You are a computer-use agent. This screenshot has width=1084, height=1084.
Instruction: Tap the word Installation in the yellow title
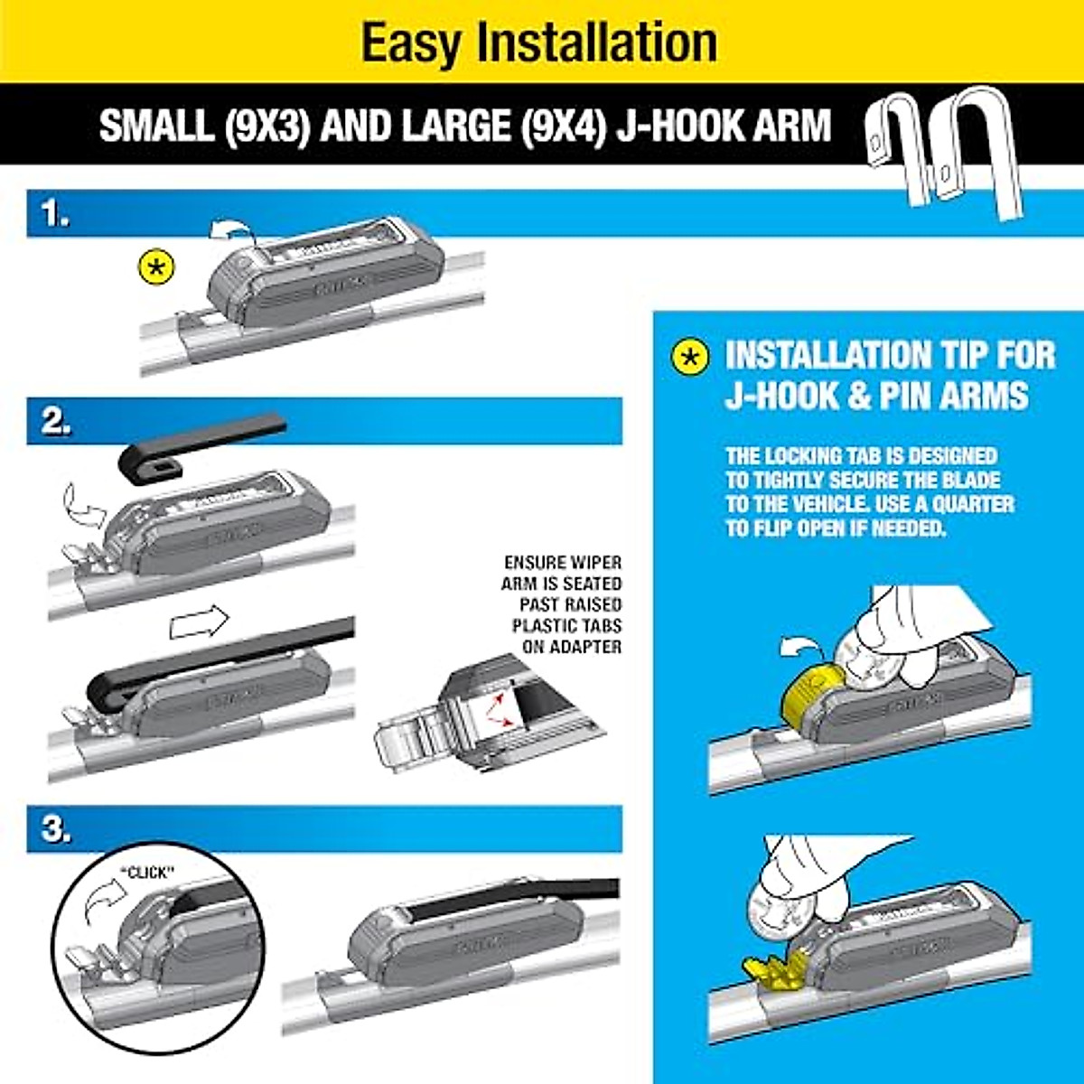click(598, 42)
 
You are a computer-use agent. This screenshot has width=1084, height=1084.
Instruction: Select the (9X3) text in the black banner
click(266, 125)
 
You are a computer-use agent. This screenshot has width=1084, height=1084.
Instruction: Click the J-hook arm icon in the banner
click(944, 149)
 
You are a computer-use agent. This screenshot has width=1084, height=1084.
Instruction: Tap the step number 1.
click(55, 215)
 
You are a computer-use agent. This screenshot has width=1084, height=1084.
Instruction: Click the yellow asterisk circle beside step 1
click(156, 268)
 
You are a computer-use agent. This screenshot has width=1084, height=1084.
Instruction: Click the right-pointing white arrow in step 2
click(200, 621)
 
